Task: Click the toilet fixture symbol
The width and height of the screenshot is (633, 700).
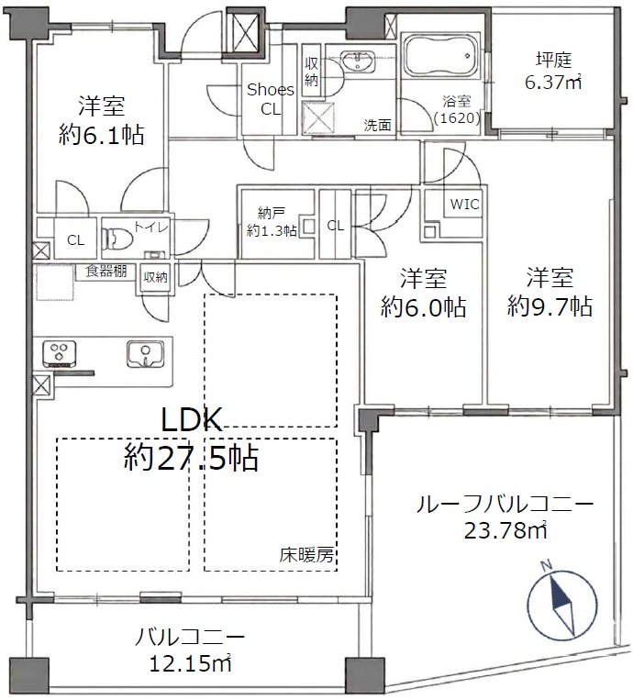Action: pyautogui.click(x=117, y=238)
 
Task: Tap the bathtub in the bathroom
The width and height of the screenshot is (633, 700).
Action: pyautogui.click(x=440, y=57)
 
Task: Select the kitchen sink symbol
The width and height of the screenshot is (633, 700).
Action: pyautogui.click(x=146, y=354)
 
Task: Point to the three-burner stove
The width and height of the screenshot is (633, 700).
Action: pyautogui.click(x=59, y=354)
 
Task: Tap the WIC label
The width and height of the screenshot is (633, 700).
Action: pyautogui.click(x=465, y=205)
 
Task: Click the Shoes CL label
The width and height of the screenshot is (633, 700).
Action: pyautogui.click(x=271, y=99)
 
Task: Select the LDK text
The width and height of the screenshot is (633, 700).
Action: pyautogui.click(x=192, y=420)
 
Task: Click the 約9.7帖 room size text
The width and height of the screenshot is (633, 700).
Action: pyautogui.click(x=550, y=306)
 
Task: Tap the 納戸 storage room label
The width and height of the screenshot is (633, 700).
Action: pyautogui.click(x=272, y=222)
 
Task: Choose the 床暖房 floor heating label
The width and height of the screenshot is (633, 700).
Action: pyautogui.click(x=306, y=555)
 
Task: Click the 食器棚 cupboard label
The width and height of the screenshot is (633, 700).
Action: pyautogui.click(x=106, y=271)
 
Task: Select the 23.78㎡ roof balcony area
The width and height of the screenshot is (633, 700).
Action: pyautogui.click(x=505, y=530)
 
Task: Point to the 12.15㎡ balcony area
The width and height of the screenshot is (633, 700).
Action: pyautogui.click(x=190, y=664)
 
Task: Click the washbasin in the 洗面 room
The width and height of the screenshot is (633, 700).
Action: pyautogui.click(x=359, y=61)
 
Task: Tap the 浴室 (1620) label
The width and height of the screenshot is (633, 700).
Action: pyautogui.click(x=457, y=110)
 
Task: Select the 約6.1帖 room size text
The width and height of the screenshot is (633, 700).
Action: pyautogui.click(x=101, y=134)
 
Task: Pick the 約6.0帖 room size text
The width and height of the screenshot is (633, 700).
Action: pyautogui.click(x=423, y=306)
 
